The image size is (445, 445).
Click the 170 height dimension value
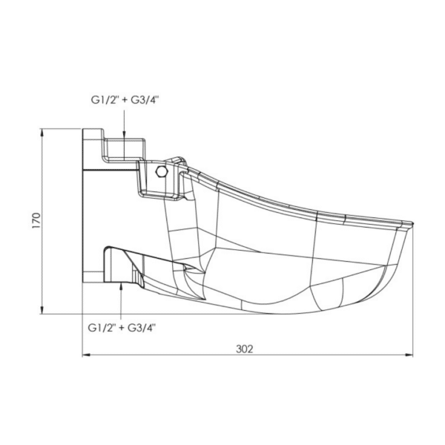[36, 220]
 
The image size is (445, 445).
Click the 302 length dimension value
[244, 349]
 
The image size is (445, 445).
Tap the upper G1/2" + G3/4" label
[125, 100]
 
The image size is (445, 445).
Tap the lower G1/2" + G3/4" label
[122, 328]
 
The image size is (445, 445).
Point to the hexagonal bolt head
[162, 171]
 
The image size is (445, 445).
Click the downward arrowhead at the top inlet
[124, 135]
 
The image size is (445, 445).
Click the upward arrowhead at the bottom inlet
[121, 287]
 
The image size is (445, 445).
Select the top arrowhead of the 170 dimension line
[42, 133]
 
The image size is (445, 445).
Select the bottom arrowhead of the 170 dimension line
[42, 309]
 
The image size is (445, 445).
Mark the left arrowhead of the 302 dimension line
[86, 355]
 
